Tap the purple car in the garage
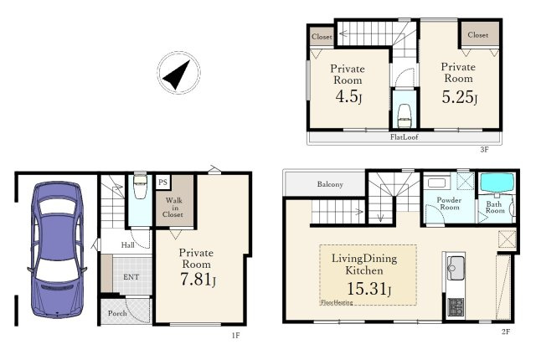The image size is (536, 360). tap(57, 249)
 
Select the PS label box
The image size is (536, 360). tap(162, 182)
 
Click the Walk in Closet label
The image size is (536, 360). tap(173, 208)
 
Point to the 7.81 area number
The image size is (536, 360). tap(198, 279)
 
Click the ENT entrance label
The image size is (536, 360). tap(131, 277)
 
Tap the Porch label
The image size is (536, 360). tap(117, 313)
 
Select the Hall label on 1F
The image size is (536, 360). tap(127, 245)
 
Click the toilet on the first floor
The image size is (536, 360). tap(140, 187)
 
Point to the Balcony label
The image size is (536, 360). tap(330, 184)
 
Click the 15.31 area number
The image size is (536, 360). tap(368, 289)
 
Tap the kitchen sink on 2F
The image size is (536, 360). tap(456, 268)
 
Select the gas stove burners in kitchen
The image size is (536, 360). tap(456, 306)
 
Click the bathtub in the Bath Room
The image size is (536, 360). tap(497, 183)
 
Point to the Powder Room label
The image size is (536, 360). tap(449, 203)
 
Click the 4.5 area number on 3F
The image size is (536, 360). tap(348, 96)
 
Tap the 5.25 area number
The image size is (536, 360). tap(459, 97)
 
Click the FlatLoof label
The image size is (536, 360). tap(404, 137)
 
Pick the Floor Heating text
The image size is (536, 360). tap(337, 302)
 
